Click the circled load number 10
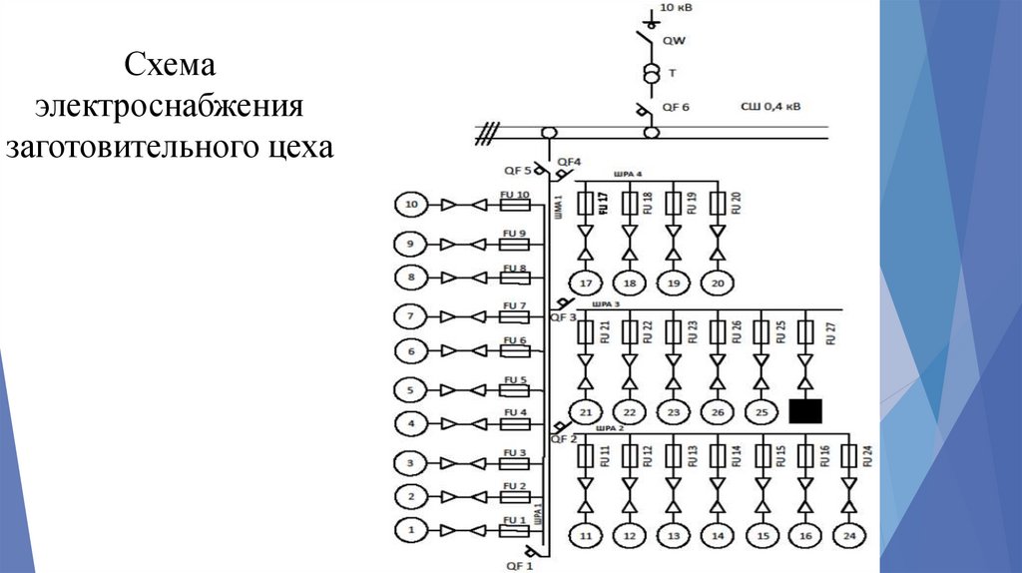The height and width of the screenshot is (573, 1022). [410, 206]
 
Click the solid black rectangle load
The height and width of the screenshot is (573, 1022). [804, 410]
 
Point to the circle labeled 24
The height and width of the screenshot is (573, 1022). [849, 536]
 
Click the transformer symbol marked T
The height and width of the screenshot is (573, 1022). [651, 75]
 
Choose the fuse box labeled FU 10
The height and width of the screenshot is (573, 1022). [515, 205]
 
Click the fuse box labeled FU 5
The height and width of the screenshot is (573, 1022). [515, 389]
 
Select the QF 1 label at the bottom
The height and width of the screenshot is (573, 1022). [520, 566]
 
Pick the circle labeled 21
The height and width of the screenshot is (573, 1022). [586, 410]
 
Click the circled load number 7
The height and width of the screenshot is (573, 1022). [410, 316]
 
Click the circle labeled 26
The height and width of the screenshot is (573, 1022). [717, 410]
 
